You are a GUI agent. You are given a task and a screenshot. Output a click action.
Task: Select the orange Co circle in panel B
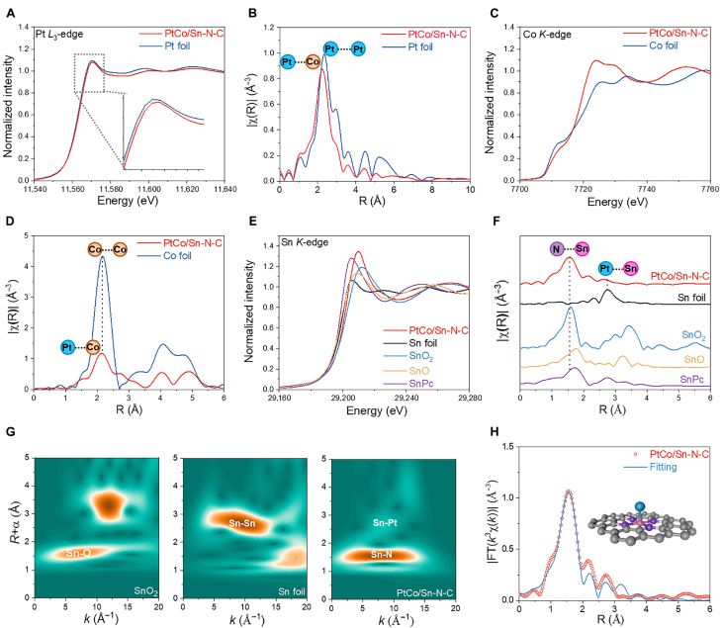311,61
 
